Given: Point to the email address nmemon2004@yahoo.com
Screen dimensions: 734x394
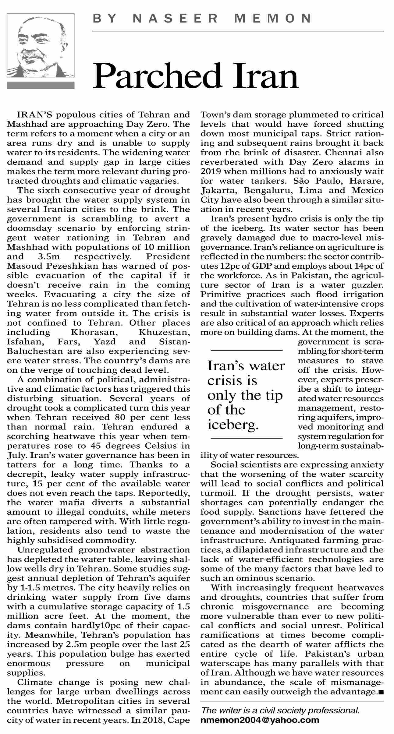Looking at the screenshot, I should coord(260,720).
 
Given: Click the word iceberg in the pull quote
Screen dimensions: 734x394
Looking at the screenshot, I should coord(233,424).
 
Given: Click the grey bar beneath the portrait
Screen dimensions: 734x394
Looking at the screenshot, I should coord(41,85).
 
